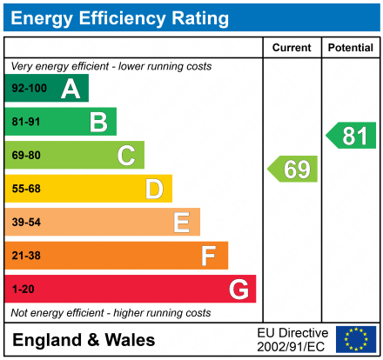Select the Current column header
[x=292, y=48]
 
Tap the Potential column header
[x=350, y=48]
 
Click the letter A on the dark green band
[x=71, y=88]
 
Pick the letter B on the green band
[x=98, y=122]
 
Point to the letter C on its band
[x=126, y=156]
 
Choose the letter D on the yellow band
[x=154, y=189]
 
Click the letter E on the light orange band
[x=181, y=223]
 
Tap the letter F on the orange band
[x=209, y=256]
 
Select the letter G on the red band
[x=238, y=289]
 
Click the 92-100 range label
[x=28, y=89]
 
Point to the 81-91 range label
[x=25, y=122]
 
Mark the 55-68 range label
[x=25, y=189]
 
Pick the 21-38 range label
[x=25, y=256]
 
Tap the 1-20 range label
[x=23, y=289]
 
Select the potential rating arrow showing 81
[x=352, y=136]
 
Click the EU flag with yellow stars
[x=356, y=339]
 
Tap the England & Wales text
[x=84, y=340]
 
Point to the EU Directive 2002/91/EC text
[x=292, y=339]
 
